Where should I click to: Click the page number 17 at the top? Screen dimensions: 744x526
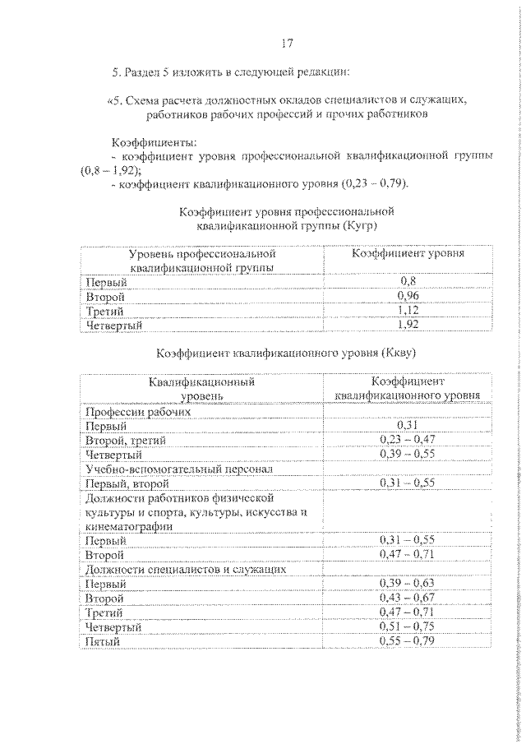[285, 44]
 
